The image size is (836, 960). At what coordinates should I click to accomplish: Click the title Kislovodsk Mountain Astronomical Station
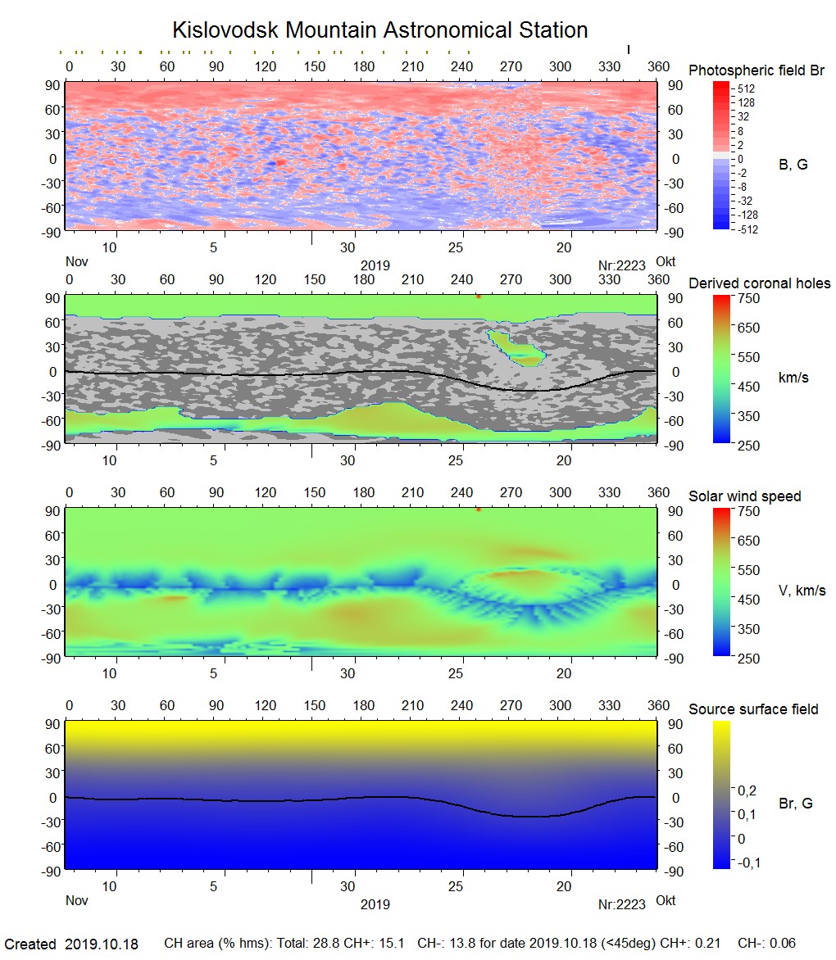click(x=379, y=31)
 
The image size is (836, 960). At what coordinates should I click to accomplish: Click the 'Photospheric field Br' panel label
click(x=756, y=70)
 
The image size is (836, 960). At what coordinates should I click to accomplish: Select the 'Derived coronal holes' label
click(x=759, y=283)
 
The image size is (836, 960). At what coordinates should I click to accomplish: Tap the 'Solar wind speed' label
click(x=745, y=496)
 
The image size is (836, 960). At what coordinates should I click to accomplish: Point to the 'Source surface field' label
click(x=753, y=709)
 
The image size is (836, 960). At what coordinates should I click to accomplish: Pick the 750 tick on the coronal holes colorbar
click(x=749, y=298)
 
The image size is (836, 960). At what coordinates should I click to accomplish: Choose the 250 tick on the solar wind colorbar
click(x=749, y=659)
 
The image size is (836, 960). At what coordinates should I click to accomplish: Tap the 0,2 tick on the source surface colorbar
click(x=747, y=790)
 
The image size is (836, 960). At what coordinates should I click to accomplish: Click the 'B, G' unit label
click(x=793, y=165)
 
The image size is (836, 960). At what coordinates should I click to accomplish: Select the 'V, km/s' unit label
click(x=802, y=591)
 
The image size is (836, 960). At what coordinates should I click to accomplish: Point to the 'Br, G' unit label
click(x=796, y=804)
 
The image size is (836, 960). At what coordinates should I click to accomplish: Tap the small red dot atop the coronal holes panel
click(x=478, y=297)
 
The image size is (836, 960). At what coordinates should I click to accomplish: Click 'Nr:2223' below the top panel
click(x=622, y=265)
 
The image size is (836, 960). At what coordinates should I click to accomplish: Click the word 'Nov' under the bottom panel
click(x=76, y=900)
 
